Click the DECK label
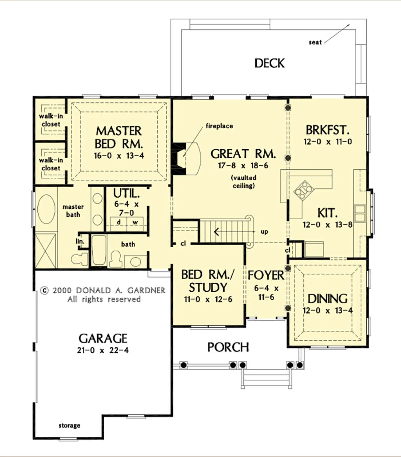269,63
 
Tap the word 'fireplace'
219,126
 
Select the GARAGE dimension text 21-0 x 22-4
103,350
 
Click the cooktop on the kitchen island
303,190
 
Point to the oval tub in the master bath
46,209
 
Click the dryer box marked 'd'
119,224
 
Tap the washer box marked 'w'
135,224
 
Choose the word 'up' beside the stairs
264,232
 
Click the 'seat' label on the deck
315,42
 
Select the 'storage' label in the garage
69,425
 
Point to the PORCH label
228,347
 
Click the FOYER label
266,275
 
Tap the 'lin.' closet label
80,241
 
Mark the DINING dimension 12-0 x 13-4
327,311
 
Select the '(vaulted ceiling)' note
244,182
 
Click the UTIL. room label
126,193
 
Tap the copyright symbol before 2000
44,291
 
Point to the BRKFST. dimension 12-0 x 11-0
328,142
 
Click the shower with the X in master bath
45,251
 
